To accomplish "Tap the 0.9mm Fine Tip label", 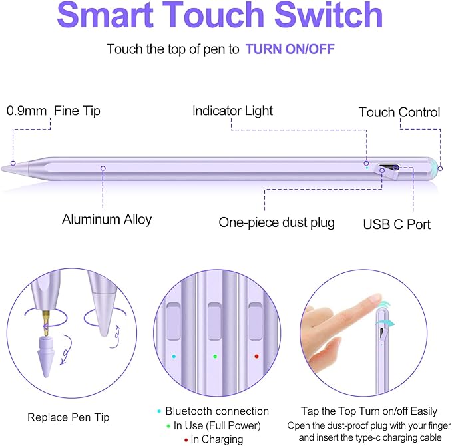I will point(53,111).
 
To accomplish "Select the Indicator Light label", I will point(232,111).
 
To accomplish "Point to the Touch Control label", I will point(399,112).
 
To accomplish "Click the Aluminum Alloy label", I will point(107,218).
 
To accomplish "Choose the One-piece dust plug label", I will point(276,222).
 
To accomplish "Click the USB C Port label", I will point(397,224).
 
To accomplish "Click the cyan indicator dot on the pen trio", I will point(174,357).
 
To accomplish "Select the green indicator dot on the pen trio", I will point(214,357).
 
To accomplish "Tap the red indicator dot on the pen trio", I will point(256,357).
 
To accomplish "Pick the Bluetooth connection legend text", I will point(217,411).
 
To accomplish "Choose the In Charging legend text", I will point(216,439).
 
